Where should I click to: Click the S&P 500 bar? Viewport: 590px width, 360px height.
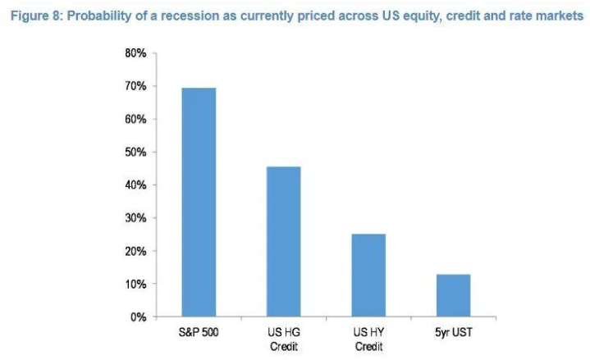pos(199,202)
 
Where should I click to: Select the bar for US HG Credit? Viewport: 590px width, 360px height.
pos(283,241)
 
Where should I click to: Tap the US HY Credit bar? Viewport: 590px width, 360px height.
pos(368,275)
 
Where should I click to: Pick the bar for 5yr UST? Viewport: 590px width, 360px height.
pos(452,294)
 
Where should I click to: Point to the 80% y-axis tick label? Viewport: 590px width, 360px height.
pos(135,53)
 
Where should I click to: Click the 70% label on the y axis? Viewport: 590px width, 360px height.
pos(135,86)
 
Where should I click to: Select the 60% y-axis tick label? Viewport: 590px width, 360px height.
pos(135,119)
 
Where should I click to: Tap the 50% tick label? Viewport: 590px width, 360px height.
pos(135,153)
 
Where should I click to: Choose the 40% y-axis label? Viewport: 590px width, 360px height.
pos(135,185)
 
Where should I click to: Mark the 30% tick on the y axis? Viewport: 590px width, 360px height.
pos(135,218)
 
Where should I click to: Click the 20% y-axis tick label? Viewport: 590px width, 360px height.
pos(135,251)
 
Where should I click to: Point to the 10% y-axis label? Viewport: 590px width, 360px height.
pos(135,284)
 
